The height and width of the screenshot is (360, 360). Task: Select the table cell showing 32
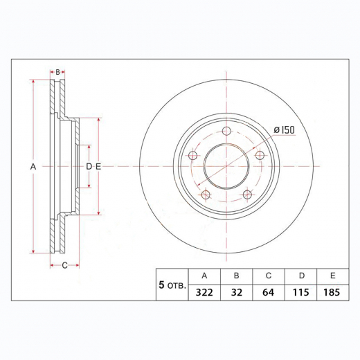(236, 293)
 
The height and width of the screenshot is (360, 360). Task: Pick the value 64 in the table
(269, 293)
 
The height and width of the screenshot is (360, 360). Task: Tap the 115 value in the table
(301, 293)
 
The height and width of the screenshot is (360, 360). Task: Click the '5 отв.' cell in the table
(172, 285)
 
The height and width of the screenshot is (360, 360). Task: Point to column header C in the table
(269, 275)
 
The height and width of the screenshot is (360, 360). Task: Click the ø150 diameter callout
(285, 130)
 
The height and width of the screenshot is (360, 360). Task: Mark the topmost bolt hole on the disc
(226, 132)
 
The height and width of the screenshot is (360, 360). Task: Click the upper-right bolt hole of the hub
(261, 156)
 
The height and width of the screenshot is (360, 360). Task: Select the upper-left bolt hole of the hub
(192, 156)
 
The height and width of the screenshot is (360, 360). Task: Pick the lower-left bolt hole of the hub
(205, 196)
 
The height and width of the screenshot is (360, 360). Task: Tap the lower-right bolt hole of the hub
(248, 196)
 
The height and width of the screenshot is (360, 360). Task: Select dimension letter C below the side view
(65, 265)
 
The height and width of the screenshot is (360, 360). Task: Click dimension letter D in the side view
(89, 167)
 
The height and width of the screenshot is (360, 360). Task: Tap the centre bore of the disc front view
(226, 167)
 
